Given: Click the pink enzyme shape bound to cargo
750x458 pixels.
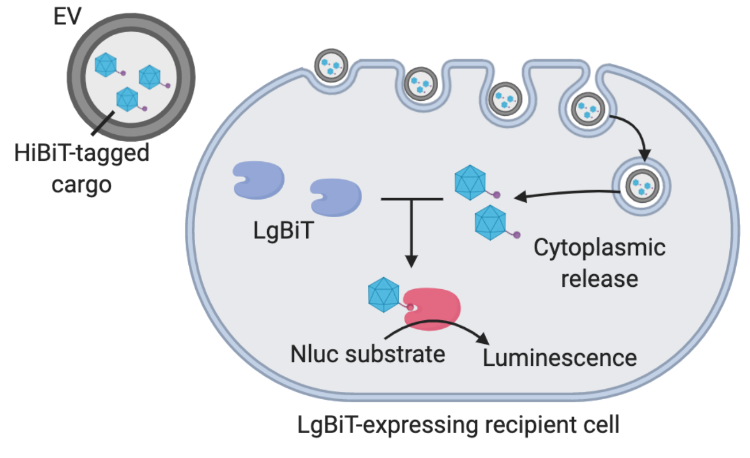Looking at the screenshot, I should coord(433,309).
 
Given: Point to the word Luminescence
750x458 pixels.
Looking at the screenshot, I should coord(559,358).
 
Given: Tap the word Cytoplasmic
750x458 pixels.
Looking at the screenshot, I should coord(599,248).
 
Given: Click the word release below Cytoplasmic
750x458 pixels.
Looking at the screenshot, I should coord(599,279).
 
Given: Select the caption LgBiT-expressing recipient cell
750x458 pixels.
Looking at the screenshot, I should coord(458,426).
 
